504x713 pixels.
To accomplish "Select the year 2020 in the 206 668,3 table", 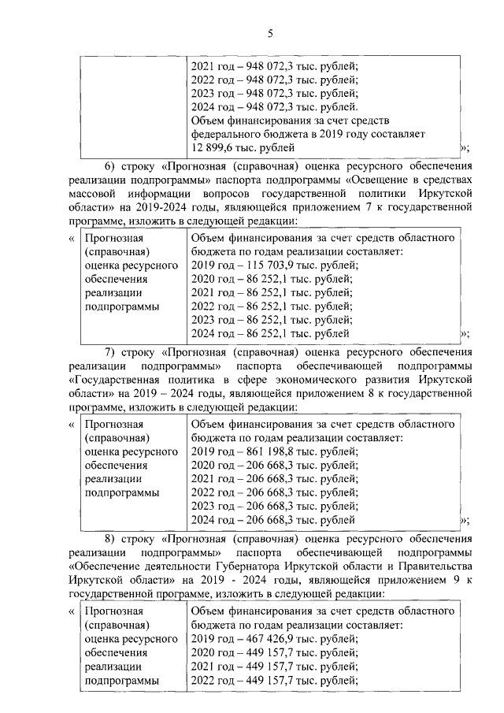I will pos(205,466).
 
